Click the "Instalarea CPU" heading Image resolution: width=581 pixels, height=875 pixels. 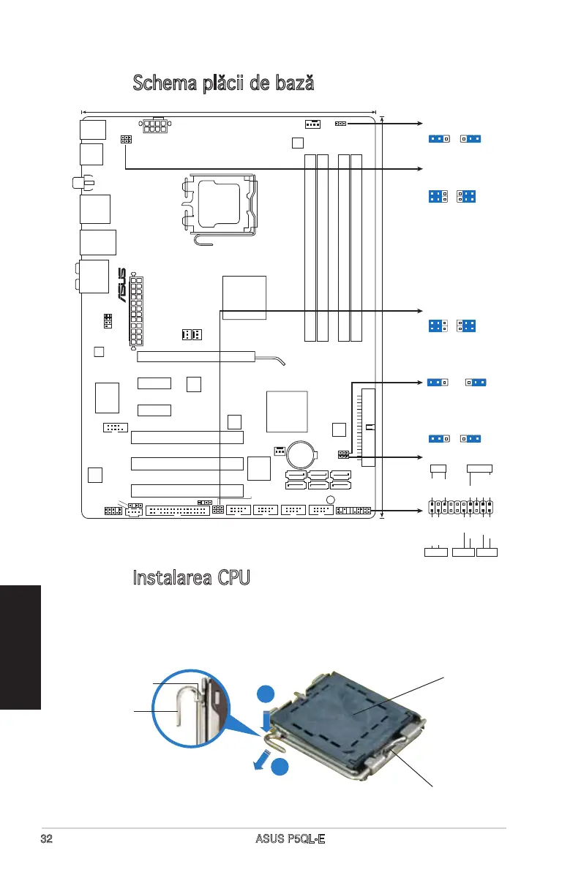192,577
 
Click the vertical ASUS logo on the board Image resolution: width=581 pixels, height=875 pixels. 122,286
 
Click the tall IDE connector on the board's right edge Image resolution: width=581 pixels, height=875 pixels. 367,427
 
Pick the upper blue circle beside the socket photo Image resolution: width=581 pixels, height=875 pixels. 266,696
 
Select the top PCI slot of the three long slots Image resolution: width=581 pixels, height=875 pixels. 187,437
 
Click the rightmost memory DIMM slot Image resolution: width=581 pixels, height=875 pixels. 356,247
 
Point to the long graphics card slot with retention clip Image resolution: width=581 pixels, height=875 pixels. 195,357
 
